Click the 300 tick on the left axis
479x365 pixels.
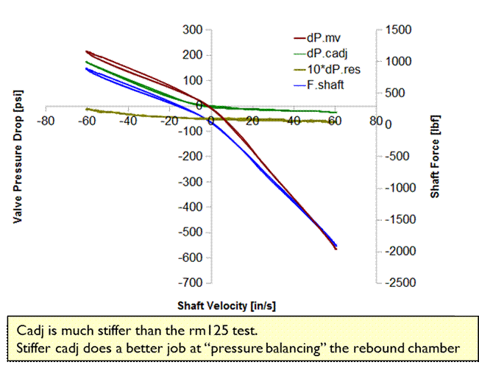point(193,29)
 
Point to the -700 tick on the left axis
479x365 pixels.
point(191,283)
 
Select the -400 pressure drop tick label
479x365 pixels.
point(191,207)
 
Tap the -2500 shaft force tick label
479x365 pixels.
point(402,283)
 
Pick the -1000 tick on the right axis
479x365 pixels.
point(402,188)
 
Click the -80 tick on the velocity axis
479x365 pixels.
point(48,121)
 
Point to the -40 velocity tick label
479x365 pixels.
point(129,121)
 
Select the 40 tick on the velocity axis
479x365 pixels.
point(294,121)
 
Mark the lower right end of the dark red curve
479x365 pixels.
point(336,249)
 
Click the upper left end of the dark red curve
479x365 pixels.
point(87,52)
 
